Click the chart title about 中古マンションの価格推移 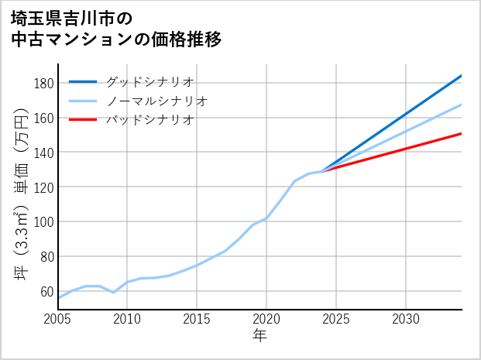[x=116, y=29]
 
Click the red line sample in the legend [x=83, y=120]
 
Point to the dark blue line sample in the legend [x=83, y=82]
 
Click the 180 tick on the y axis [x=43, y=84]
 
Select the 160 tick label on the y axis [x=43, y=118]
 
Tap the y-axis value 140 [x=43, y=153]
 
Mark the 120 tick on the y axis [x=43, y=187]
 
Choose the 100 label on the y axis [x=43, y=222]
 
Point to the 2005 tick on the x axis [x=58, y=319]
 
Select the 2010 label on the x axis [x=128, y=319]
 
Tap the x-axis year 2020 [x=266, y=319]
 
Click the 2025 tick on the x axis [x=336, y=319]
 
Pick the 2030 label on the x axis [x=406, y=319]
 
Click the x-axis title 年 [x=260, y=336]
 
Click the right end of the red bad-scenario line [x=461, y=134]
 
